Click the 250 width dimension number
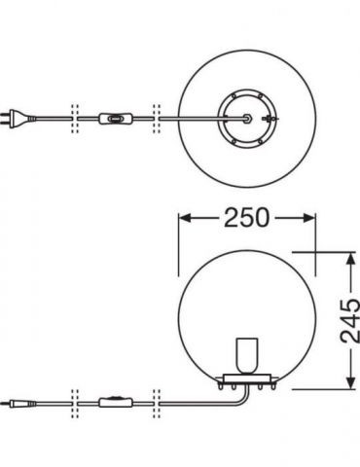click(x=246, y=218)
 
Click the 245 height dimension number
click(x=350, y=321)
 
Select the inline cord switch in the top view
click(x=115, y=119)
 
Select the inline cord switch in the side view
click(x=116, y=402)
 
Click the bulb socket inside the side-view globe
click(x=247, y=356)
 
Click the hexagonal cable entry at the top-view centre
click(x=247, y=119)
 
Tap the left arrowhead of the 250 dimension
click(x=184, y=218)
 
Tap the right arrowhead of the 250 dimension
click(x=309, y=218)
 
